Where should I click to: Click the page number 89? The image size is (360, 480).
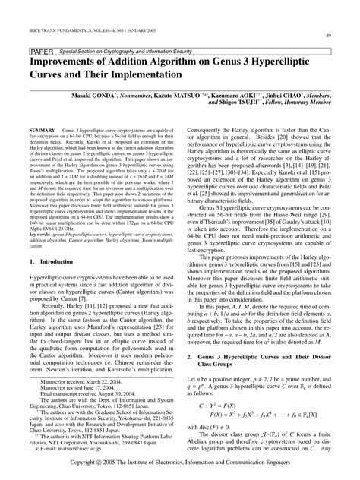point(327,36)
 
